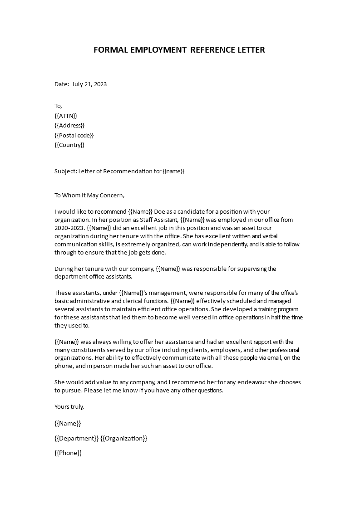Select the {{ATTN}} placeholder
coord(66,116)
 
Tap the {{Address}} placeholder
coord(69,126)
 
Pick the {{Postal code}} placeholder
coord(74,135)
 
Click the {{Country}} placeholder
coord(69,145)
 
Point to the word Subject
coord(65,171)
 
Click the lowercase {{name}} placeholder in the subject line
coord(174,171)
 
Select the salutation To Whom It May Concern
coord(89,196)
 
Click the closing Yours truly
coord(69,407)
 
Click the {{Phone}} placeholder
coord(68,453)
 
